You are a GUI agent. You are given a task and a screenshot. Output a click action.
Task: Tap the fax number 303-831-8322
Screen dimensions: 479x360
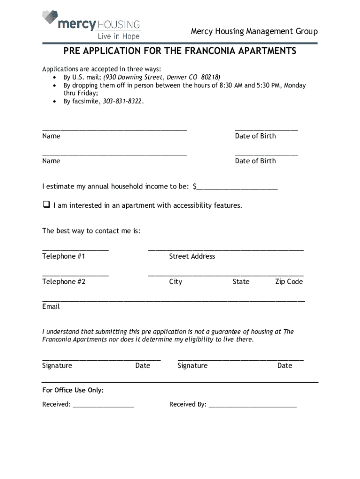pyautogui.click(x=123, y=102)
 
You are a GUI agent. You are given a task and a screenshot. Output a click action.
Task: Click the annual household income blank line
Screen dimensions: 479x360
pyautogui.click(x=238, y=187)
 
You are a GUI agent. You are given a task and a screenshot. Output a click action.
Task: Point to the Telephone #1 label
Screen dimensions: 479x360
pyautogui.click(x=64, y=256)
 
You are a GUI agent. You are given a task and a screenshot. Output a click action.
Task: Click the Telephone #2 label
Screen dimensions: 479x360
pyautogui.click(x=64, y=282)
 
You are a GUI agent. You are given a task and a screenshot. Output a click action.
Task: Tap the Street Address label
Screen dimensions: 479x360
pyautogui.click(x=192, y=256)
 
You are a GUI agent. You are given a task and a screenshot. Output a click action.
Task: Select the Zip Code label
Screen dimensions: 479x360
pyautogui.click(x=289, y=282)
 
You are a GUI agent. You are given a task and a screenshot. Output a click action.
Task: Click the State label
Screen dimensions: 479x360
pyautogui.click(x=241, y=282)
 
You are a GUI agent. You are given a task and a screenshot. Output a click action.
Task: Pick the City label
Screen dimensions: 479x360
pyautogui.click(x=176, y=282)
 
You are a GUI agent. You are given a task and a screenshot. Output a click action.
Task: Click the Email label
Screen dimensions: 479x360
pyautogui.click(x=51, y=307)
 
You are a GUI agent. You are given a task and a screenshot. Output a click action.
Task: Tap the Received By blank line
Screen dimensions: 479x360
pyautogui.click(x=252, y=405)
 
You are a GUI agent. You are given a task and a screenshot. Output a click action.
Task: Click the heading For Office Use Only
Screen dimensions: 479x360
pyautogui.click(x=73, y=390)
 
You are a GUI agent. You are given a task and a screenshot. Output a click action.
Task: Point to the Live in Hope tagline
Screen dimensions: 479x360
pyautogui.click(x=118, y=36)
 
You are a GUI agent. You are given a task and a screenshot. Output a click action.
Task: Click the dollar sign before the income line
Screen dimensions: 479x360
pyautogui.click(x=195, y=187)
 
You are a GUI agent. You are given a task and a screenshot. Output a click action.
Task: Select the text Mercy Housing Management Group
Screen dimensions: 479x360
pyautogui.click(x=254, y=32)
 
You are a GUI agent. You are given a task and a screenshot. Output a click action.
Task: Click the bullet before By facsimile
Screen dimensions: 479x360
pyautogui.click(x=55, y=102)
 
